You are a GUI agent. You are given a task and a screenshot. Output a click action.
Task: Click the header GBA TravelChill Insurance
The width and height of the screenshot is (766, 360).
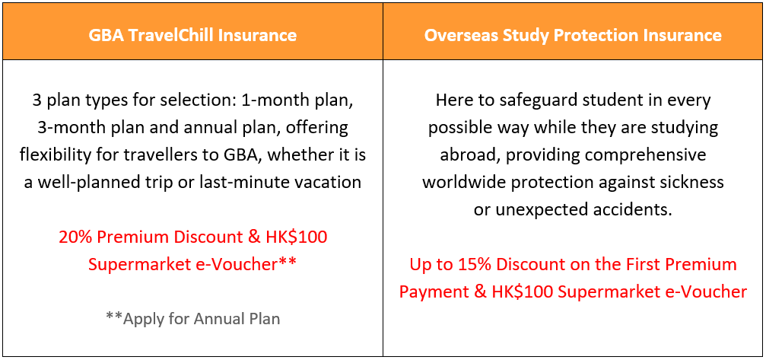point(192,35)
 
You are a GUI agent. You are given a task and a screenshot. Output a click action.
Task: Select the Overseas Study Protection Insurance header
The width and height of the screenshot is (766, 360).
point(573,35)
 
